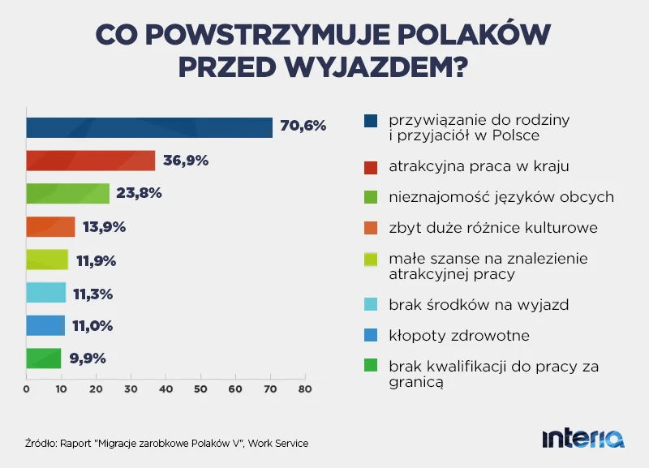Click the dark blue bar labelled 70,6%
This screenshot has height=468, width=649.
pos(149,127)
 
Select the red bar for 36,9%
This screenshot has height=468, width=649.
pos(90,161)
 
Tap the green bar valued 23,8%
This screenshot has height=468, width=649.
pos(67,194)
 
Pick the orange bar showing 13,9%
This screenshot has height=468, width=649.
pos(50,227)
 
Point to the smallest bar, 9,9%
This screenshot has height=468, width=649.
pos(44,359)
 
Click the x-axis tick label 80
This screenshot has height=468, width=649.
pos(305,389)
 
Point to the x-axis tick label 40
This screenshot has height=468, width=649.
pos(165,389)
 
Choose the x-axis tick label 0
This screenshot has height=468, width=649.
pos(27,389)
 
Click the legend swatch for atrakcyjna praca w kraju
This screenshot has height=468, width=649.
pos(371,167)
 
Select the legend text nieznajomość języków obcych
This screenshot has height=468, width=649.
pos(501,198)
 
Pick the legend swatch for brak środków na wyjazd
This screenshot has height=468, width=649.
pos(371,305)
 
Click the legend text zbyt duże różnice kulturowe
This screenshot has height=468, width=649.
pos(493,228)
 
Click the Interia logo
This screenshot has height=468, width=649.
pos(583,439)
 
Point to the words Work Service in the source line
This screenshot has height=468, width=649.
pos(278,443)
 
